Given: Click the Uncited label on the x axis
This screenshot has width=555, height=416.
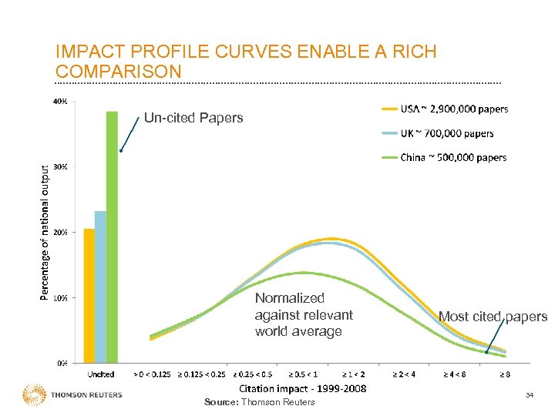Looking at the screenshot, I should pos(100,374).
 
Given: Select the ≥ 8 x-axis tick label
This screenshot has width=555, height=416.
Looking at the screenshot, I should pos(505,374).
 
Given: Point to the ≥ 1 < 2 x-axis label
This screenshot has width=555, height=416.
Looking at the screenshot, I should pos(354,374).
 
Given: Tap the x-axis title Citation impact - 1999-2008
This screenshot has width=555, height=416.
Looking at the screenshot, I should pos(302,388).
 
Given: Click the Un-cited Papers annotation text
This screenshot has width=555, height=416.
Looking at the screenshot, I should pos(193,118).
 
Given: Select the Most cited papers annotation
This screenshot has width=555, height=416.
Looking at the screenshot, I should pos(493,317).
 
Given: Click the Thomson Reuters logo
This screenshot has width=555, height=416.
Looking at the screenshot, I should pos(73,395).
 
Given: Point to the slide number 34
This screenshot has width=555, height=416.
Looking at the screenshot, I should pos(529,395).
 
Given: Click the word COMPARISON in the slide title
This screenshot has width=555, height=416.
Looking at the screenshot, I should pos(119,72).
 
